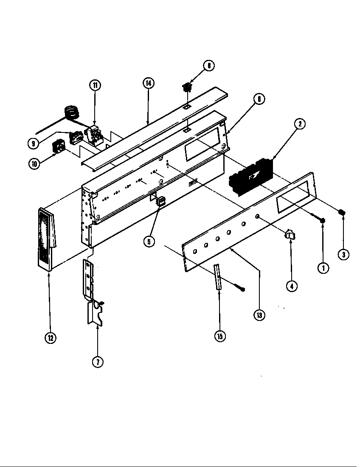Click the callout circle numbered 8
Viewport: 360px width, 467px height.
pyautogui.click(x=208, y=65)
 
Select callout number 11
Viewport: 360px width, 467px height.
pyautogui.click(x=95, y=85)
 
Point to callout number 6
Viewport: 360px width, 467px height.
pyautogui.click(x=259, y=99)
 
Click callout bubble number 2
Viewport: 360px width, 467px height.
pyautogui.click(x=300, y=124)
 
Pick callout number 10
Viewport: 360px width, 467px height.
pyautogui.click(x=34, y=163)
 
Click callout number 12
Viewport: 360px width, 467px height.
pyautogui.click(x=51, y=338)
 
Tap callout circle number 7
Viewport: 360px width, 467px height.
pyautogui.click(x=98, y=362)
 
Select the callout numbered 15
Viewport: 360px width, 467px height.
pyautogui.click(x=219, y=336)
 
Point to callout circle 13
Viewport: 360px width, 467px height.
pyautogui.click(x=259, y=315)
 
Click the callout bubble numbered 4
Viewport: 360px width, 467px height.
pyautogui.click(x=291, y=286)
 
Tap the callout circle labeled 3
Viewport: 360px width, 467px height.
pyautogui.click(x=344, y=254)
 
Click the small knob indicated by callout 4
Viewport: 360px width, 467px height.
pyautogui.click(x=290, y=233)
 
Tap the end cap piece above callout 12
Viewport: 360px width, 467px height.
pyautogui.click(x=46, y=237)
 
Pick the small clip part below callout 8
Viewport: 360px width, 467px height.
pyautogui.click(x=186, y=88)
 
